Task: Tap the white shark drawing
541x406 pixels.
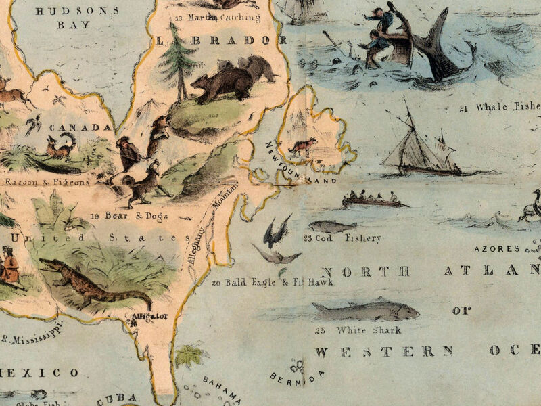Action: coord(365,311)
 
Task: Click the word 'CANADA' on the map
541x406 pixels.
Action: coord(89,127)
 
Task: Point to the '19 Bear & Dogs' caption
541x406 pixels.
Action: coord(128,217)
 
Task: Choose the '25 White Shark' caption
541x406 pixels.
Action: coord(358,330)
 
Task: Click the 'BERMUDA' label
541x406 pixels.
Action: coord(297,375)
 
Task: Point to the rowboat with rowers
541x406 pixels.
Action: coord(371,200)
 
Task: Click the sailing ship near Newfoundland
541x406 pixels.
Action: coord(416,145)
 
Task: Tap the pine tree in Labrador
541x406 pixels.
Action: coord(180,61)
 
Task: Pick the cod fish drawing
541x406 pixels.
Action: coord(332,227)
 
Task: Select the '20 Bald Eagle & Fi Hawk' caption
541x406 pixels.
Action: coord(264,282)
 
